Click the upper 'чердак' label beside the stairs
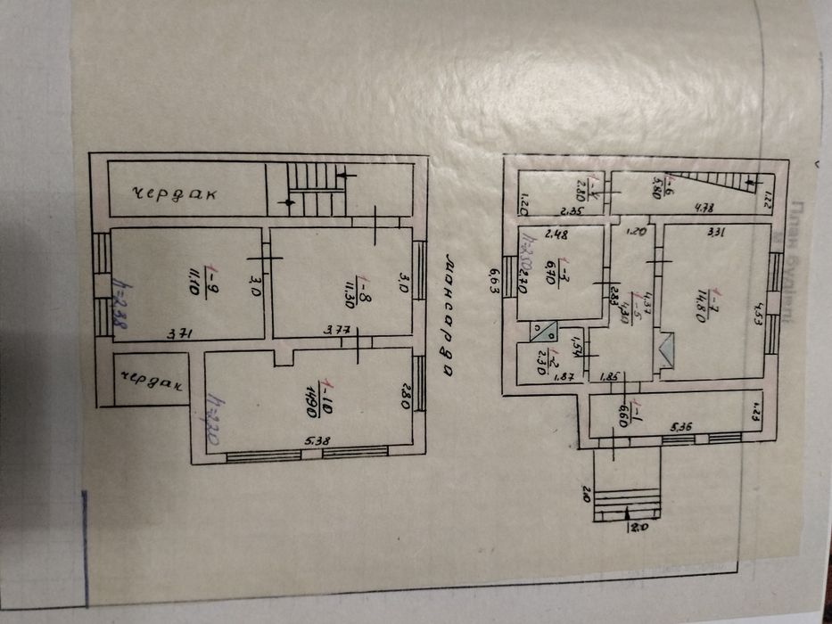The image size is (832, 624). click(178, 194)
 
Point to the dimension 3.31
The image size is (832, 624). click(715, 234)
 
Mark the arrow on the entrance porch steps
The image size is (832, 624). click(630, 512)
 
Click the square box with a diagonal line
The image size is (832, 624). click(541, 332)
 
